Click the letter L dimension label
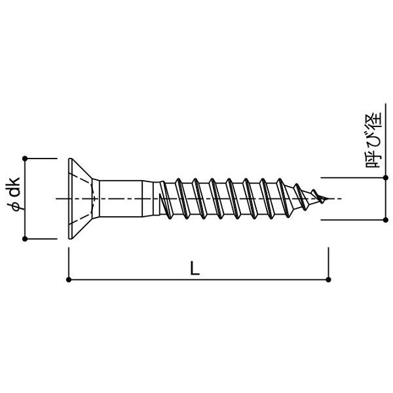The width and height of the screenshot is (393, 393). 195,268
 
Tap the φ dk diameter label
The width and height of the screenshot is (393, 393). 13,194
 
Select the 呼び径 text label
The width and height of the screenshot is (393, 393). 373,140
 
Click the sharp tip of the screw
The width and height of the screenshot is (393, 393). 328,198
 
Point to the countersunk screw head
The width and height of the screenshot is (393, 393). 80,198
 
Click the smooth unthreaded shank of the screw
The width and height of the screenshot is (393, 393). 121,198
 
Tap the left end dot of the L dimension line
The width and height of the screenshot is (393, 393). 69,280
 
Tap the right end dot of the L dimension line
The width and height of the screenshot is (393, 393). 329,280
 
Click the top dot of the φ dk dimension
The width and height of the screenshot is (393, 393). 25,159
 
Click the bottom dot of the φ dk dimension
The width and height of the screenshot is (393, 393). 25,239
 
